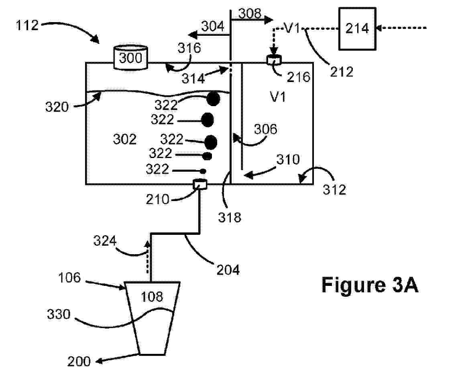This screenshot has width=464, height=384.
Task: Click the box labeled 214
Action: click(357, 29)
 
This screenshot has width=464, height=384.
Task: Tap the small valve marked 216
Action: click(275, 60)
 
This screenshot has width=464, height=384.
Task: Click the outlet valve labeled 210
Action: click(200, 184)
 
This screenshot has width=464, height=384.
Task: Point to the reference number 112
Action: click(27, 26)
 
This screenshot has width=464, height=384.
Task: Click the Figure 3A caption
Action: click(370, 285)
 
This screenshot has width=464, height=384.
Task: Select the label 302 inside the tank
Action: click(125, 140)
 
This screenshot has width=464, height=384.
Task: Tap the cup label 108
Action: click(153, 297)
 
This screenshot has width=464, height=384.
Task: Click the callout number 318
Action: click(230, 218)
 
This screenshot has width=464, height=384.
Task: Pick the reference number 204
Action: click(228, 269)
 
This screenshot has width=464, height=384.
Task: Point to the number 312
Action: click(334, 189)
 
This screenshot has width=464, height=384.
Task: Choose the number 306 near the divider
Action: click(265, 129)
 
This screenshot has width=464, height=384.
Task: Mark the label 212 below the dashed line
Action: click(342, 72)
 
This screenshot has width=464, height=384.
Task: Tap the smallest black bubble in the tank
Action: click(203, 171)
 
